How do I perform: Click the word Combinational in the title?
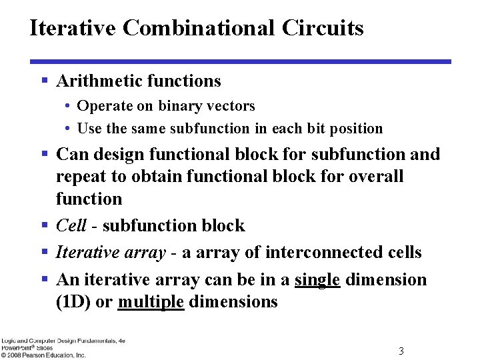click(x=199, y=28)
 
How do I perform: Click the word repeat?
click(x=79, y=177)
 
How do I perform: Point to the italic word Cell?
click(x=71, y=226)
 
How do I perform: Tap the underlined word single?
click(x=317, y=280)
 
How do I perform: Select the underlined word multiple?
click(x=151, y=302)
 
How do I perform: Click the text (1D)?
click(x=73, y=302)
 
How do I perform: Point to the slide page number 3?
click(x=401, y=351)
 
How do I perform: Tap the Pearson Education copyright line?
click(x=43, y=355)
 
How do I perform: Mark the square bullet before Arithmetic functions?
click(x=44, y=81)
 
